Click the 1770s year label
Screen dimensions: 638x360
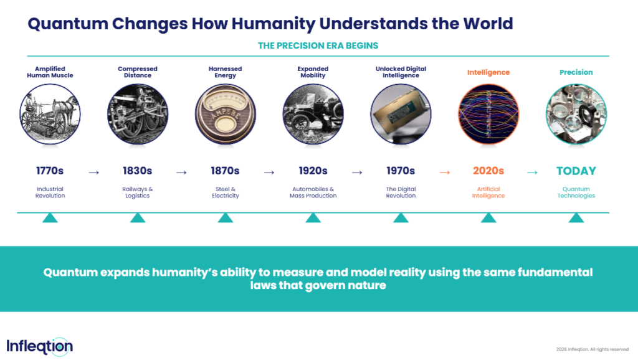click(x=50, y=171)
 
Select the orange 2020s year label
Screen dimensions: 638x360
click(x=488, y=171)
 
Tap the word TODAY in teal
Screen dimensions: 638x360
click(x=576, y=171)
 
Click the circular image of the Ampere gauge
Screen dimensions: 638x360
click(x=226, y=114)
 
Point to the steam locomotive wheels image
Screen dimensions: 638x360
click(x=138, y=114)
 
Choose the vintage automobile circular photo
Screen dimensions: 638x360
click(x=313, y=114)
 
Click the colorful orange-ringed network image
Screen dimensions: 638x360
click(x=488, y=114)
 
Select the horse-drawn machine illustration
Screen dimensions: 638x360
click(x=50, y=114)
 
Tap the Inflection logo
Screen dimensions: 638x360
click(x=39, y=346)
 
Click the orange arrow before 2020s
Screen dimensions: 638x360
click(x=445, y=173)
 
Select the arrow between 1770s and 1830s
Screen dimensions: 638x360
click(x=94, y=173)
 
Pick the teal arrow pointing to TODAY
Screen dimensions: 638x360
click(x=532, y=173)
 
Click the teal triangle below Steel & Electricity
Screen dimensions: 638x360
click(x=226, y=218)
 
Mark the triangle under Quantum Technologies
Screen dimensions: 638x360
click(x=576, y=218)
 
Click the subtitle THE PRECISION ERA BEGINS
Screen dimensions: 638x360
click(x=318, y=45)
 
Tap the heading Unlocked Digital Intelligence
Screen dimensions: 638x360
click(x=401, y=72)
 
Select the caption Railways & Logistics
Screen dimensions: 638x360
click(x=138, y=192)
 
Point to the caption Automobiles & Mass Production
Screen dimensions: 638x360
click(x=313, y=192)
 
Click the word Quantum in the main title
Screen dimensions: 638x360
click(x=67, y=24)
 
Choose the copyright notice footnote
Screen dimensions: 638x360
click(x=593, y=349)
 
